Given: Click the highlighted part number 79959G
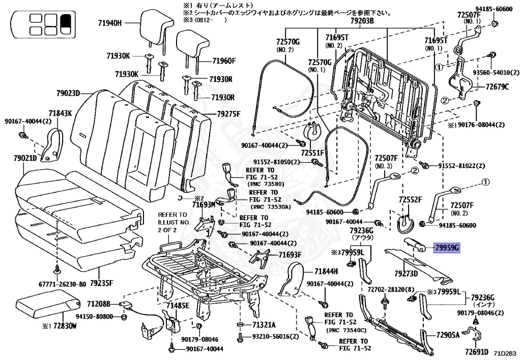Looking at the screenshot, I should click(x=447, y=248).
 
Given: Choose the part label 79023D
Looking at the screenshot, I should click(x=68, y=93).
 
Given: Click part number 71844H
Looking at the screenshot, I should click(x=326, y=271).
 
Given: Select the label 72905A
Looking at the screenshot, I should click(x=447, y=335).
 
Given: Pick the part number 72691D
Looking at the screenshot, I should click(x=476, y=352).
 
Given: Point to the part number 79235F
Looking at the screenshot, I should click(x=101, y=283).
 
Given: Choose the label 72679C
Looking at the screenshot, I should click(x=497, y=87).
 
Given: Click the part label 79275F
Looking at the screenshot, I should click(x=228, y=114).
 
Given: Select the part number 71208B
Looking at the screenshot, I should click(x=100, y=304).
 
